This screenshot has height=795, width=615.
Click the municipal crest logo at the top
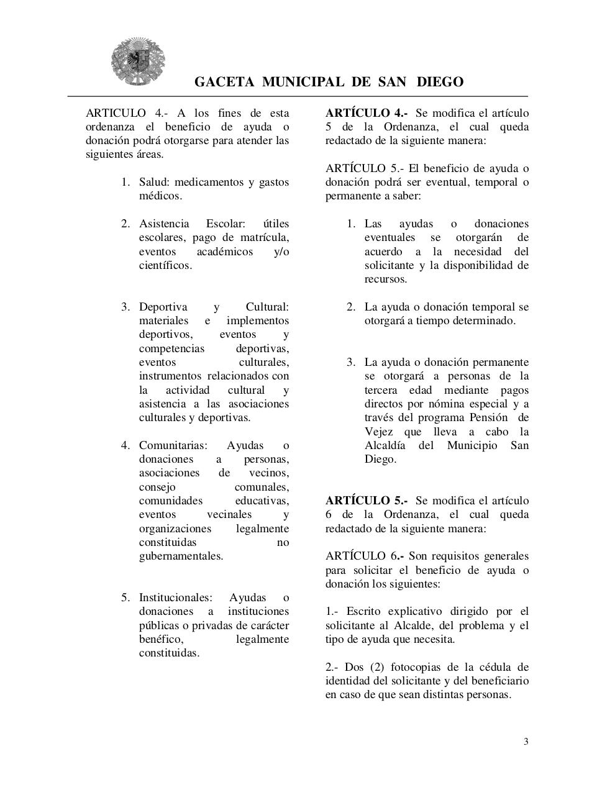(x=138, y=61)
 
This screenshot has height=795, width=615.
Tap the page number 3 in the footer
(x=526, y=741)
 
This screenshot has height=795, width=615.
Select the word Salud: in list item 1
(x=155, y=182)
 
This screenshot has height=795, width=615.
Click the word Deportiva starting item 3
(x=163, y=307)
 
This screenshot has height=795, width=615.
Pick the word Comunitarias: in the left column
(x=173, y=445)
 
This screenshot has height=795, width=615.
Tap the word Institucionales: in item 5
(x=175, y=597)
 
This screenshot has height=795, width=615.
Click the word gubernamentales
(x=181, y=556)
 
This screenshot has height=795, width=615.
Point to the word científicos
(x=165, y=265)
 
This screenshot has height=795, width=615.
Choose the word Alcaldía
(x=385, y=445)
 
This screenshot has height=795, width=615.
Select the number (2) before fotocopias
(x=377, y=667)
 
